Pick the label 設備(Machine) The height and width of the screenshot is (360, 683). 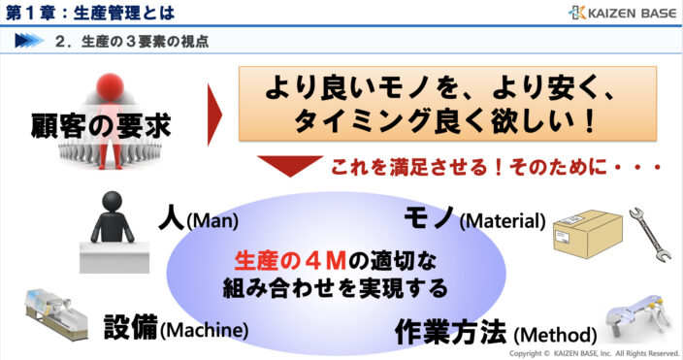point(176,328)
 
